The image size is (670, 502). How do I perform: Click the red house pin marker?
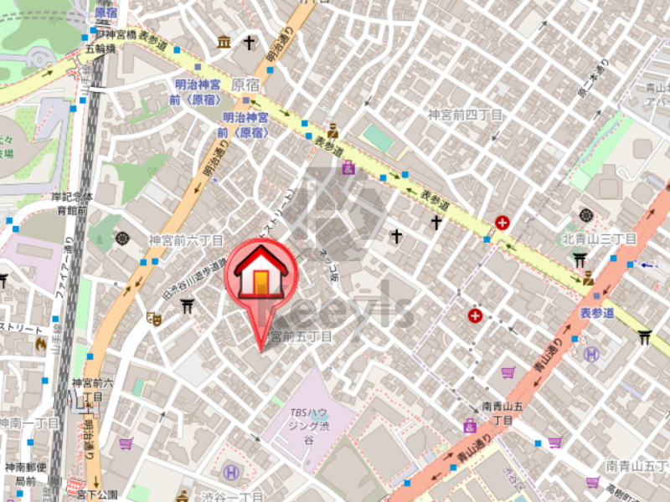(x=260, y=271)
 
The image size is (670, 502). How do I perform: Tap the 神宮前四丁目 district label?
(x=465, y=115)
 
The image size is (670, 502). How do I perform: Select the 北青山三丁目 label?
(x=599, y=239)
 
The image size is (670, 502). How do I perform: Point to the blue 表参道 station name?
(x=597, y=312)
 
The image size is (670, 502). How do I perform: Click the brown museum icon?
(x=224, y=42)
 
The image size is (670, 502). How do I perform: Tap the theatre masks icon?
(x=153, y=318)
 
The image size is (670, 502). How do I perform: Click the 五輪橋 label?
(x=100, y=49)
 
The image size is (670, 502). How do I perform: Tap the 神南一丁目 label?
(x=29, y=423)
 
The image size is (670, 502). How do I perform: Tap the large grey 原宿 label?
(x=246, y=85)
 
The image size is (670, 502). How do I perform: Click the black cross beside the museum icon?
(x=249, y=42)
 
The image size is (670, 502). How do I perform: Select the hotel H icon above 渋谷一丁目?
(x=232, y=473)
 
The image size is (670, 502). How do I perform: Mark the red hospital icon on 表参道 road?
(x=502, y=223)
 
